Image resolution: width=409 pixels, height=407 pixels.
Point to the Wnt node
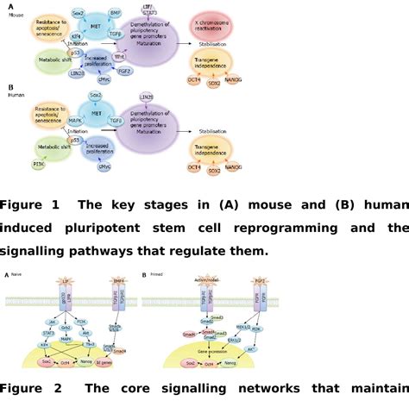pos(130,56)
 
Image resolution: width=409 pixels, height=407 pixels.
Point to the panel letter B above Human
pos(9,87)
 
